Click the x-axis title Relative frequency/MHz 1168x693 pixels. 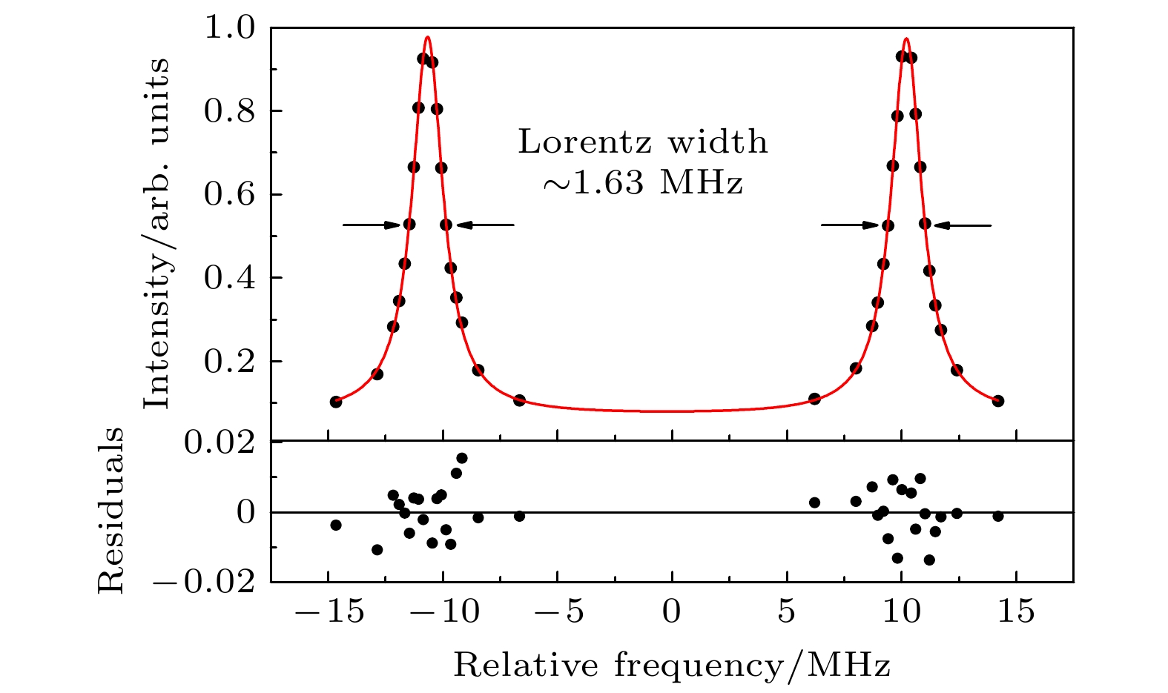pos(671,666)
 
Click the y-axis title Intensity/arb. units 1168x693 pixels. pos(156,233)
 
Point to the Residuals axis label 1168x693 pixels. pos(111,511)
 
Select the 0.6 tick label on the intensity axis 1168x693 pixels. pos(236,195)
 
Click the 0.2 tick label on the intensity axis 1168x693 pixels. pos(236,362)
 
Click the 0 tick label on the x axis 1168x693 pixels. pos(671,613)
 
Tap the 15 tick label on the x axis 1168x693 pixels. pos(1015,613)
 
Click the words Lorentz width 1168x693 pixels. pos(643,142)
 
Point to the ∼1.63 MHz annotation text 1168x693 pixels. pos(643,182)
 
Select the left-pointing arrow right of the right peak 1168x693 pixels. pos(962,225)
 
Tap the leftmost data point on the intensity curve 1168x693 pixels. pos(336,402)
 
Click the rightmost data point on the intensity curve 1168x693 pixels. pos(997,401)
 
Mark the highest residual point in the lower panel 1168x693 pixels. pos(461,458)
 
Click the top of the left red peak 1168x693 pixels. pos(427,37)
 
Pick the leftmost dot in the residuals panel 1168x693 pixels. pos(336,525)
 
